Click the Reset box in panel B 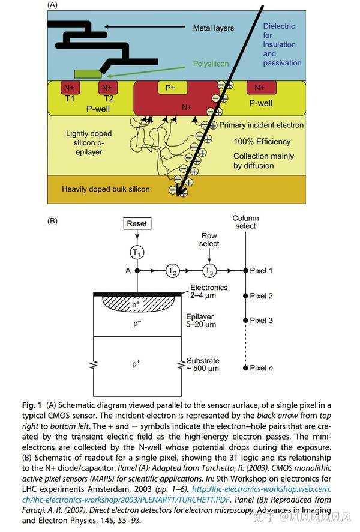point(138,223)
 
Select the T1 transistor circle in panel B point(138,252)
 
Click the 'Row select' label point(209,240)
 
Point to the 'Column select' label point(245,222)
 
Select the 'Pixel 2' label point(261,296)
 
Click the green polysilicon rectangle point(88,74)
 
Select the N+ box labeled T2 point(108,88)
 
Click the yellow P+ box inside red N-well point(170,88)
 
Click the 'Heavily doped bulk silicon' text point(106,189)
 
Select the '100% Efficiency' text point(263,142)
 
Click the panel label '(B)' point(52,220)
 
